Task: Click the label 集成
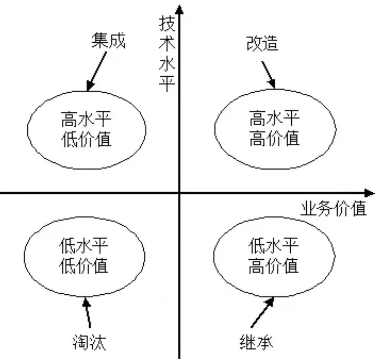(x=108, y=41)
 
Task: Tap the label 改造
(x=262, y=43)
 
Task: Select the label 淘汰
(x=89, y=342)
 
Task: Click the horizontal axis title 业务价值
(x=334, y=209)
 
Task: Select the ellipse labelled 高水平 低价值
(x=86, y=130)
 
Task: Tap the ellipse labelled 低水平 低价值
(x=84, y=255)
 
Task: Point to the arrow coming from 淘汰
(x=88, y=313)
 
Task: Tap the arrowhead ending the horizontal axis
(x=369, y=193)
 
